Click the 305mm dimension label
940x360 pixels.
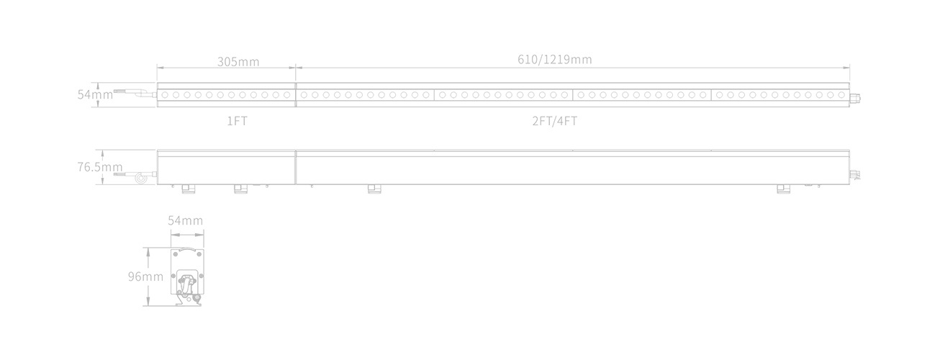pyautogui.click(x=238, y=62)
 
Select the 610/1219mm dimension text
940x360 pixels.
pyautogui.click(x=555, y=60)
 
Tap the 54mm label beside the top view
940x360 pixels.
pyautogui.click(x=95, y=94)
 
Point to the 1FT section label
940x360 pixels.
pyautogui.click(x=237, y=121)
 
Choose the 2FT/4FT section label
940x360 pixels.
pyautogui.click(x=555, y=121)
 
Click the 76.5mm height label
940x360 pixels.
pyautogui.click(x=100, y=167)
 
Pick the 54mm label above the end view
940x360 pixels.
pyautogui.click(x=186, y=220)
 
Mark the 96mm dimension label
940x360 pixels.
pyautogui.click(x=145, y=276)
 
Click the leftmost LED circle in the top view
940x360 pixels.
pyautogui.click(x=165, y=95)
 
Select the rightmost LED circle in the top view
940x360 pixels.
pyautogui.click(x=841, y=95)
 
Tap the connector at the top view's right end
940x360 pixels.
pyautogui.click(x=855, y=99)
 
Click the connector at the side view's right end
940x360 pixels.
pyautogui.click(x=855, y=174)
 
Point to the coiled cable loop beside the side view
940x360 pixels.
pyautogui.click(x=140, y=179)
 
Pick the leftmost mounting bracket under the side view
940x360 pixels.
pyautogui.click(x=188, y=189)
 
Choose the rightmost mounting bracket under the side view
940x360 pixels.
pyautogui.click(x=784, y=189)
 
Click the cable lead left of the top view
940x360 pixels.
pyautogui.click(x=135, y=93)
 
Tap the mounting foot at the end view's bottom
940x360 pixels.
pyautogui.click(x=189, y=300)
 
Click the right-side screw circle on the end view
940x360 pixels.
pyautogui.click(x=201, y=276)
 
